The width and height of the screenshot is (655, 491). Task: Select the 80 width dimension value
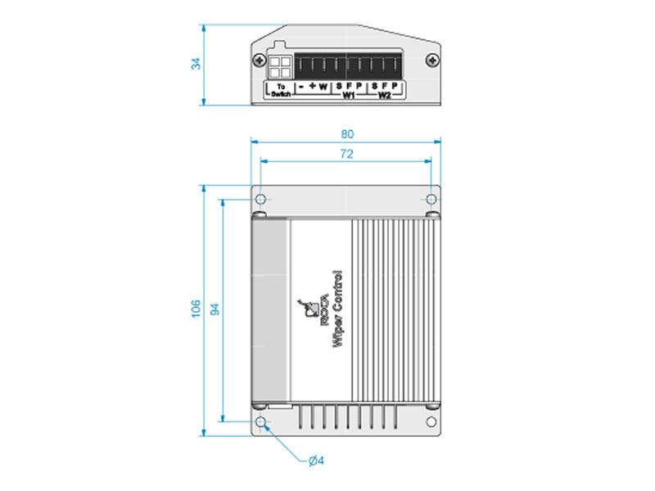[x=346, y=133]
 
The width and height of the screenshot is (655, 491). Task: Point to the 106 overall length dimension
[x=196, y=308]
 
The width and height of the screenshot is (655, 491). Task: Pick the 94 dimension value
[x=215, y=308]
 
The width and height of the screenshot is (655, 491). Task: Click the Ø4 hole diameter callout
[x=316, y=462]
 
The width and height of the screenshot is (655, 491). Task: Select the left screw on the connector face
[x=260, y=59]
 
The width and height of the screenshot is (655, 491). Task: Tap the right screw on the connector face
[x=431, y=59]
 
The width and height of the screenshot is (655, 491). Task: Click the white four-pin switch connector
[x=280, y=66]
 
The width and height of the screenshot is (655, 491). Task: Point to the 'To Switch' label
[x=281, y=90]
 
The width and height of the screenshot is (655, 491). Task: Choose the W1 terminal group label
[x=348, y=96]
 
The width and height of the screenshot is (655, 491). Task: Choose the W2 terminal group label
[x=384, y=96]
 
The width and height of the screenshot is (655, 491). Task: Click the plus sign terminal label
[x=313, y=85]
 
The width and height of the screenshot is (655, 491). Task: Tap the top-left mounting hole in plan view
[x=260, y=200]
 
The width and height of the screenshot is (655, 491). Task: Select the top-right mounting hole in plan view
[x=431, y=200]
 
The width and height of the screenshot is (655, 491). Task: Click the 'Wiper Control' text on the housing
[x=337, y=310]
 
